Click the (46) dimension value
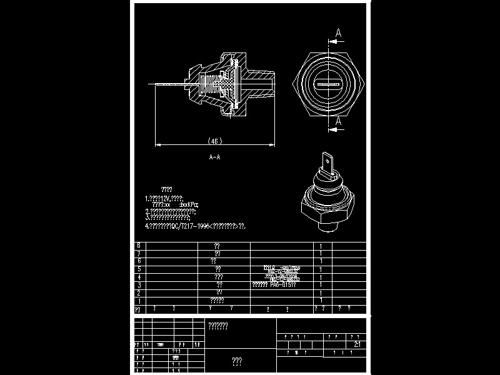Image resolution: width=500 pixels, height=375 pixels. pos(214,141)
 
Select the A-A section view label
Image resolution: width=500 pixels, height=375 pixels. pos(214,157)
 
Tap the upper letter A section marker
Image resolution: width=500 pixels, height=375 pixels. pos(338,32)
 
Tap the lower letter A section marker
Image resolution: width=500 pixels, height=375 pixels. pos(338,120)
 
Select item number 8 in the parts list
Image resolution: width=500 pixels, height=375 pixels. pos(138,246)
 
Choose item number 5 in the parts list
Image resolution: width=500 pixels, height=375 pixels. pos(138,269)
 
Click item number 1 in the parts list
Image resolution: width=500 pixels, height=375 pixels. pos(138,301)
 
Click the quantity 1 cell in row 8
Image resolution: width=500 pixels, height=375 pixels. pos(321,246)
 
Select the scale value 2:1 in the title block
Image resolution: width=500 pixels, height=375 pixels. pos(357,344)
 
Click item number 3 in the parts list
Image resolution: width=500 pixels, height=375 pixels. pos(138,285)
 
